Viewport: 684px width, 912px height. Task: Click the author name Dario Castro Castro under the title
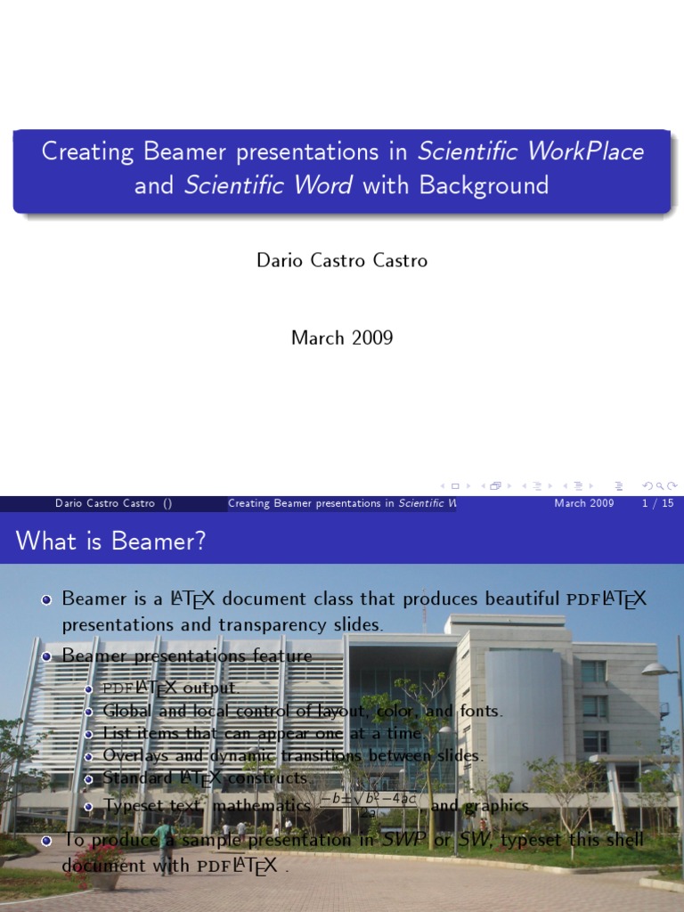pos(342,261)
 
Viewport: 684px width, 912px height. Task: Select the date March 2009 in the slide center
pos(342,338)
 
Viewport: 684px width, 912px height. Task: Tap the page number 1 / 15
pos(657,503)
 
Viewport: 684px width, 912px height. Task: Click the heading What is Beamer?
pos(110,541)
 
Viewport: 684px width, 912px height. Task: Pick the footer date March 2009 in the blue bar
pos(583,503)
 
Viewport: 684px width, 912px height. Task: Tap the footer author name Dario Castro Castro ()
pos(113,503)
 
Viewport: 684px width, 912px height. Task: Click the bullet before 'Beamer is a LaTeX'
pos(46,599)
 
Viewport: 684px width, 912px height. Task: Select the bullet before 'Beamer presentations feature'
pos(46,656)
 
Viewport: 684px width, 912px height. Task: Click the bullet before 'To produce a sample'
pos(46,840)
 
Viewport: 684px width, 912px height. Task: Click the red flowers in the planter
pos(99,858)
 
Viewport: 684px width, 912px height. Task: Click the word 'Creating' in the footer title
pos(253,503)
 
